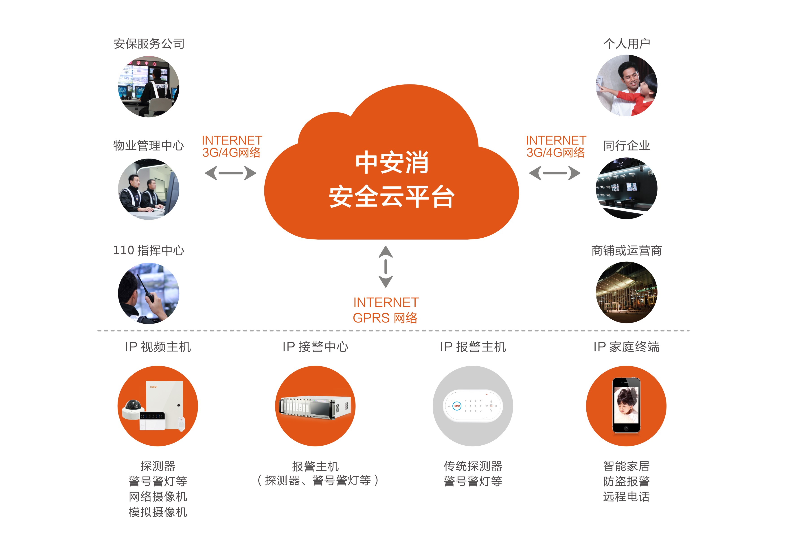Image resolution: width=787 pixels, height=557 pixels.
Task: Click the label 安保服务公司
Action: pos(149,44)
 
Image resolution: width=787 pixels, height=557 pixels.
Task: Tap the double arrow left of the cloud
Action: pos(230,173)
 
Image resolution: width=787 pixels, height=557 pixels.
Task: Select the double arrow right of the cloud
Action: pos(555,173)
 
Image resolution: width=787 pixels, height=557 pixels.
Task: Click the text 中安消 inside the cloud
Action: pos(392,163)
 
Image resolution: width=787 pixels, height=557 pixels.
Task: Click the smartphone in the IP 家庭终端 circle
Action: pos(626,405)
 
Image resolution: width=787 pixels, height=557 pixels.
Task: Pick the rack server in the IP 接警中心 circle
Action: pos(315,407)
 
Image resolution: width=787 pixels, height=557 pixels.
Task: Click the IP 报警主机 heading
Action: pos(473,347)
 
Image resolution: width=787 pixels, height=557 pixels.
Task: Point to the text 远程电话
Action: pos(626,497)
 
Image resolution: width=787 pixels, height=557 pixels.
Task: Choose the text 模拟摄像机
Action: pos(158,512)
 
